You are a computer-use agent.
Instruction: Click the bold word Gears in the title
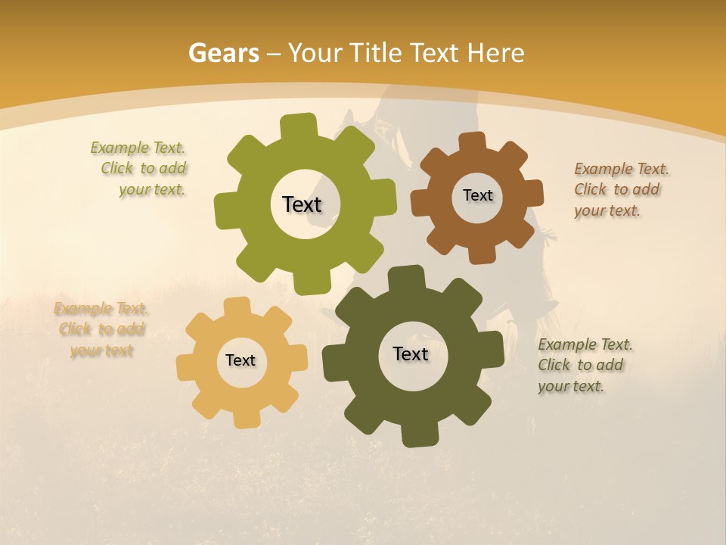tap(223, 53)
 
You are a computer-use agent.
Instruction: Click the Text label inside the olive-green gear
tap(302, 204)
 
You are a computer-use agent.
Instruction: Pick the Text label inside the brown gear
tap(477, 195)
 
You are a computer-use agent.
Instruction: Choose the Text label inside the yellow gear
tap(240, 360)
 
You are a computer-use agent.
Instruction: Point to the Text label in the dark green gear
tap(411, 353)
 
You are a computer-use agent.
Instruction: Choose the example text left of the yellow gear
tap(101, 329)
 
